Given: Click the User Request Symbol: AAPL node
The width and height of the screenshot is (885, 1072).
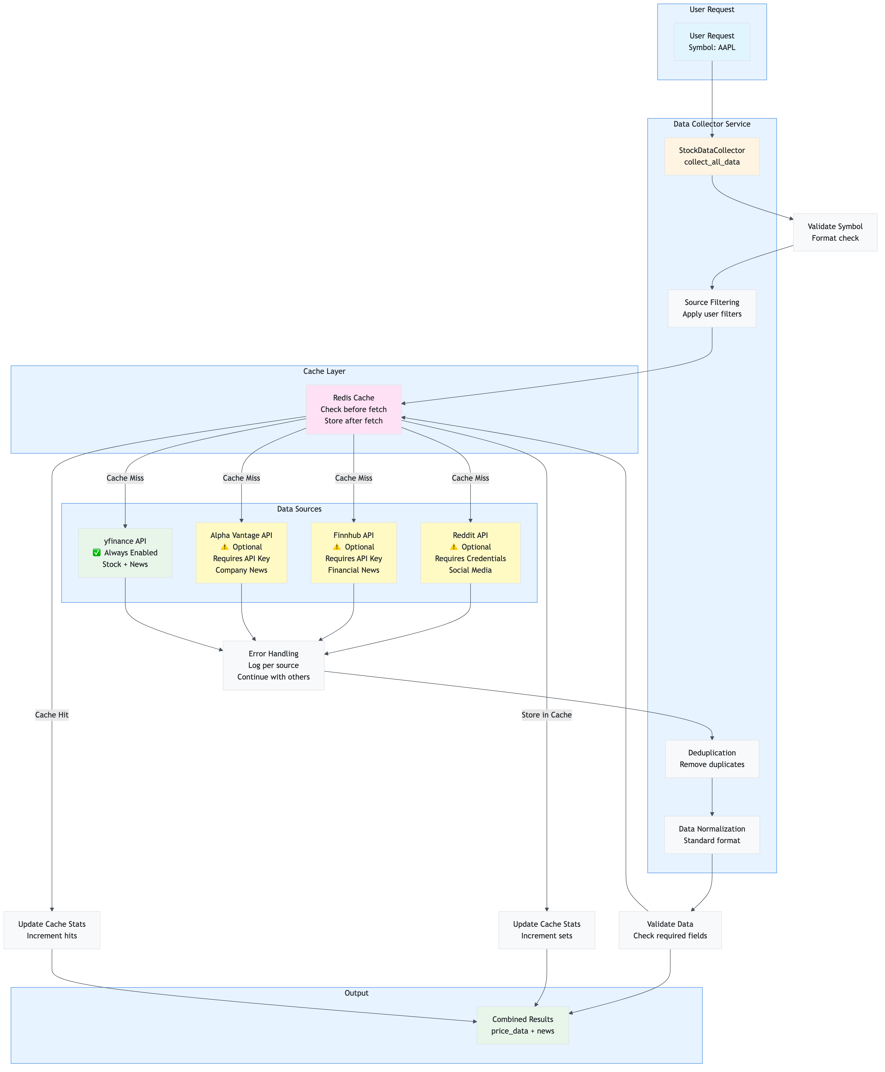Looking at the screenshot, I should pyautogui.click(x=712, y=42).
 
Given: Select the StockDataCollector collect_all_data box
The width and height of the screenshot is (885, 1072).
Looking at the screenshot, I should pyautogui.click(x=712, y=156).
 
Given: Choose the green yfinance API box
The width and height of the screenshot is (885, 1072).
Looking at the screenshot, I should pyautogui.click(x=125, y=553).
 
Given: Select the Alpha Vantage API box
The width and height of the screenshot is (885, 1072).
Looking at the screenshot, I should pyautogui.click(x=241, y=553).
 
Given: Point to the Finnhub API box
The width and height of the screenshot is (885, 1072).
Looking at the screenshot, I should pyautogui.click(x=353, y=553).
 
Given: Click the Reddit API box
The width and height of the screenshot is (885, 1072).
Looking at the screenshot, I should pyautogui.click(x=470, y=553).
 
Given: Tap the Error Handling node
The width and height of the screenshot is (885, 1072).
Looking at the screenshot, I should pyautogui.click(x=273, y=665).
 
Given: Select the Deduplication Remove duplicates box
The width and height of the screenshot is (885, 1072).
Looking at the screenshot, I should pyautogui.click(x=712, y=759).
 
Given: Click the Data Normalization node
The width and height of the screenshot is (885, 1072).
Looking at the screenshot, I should pyautogui.click(x=712, y=834).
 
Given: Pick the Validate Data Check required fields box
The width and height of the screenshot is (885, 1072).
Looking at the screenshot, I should pyautogui.click(x=670, y=930).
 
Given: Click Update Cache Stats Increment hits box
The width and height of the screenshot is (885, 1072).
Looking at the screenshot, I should pyautogui.click(x=52, y=930).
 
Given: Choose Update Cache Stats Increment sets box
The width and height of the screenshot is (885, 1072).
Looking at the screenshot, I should pyautogui.click(x=546, y=930).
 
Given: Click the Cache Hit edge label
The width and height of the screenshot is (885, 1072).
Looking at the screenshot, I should pyautogui.click(x=52, y=715).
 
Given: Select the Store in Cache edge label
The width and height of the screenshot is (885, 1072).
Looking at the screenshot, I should pyautogui.click(x=546, y=715).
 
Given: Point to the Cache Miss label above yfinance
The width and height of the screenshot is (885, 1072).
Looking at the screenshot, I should pyautogui.click(x=125, y=478).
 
